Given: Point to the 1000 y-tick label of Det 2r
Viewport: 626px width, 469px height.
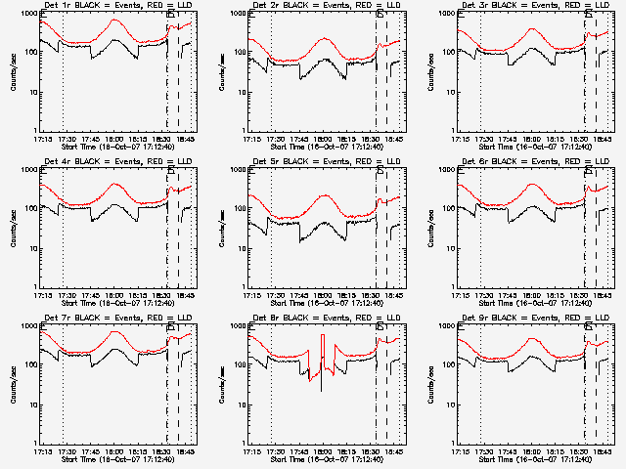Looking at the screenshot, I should pyautogui.click(x=234, y=15).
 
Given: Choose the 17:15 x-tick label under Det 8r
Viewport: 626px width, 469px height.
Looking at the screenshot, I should pyautogui.click(x=251, y=451).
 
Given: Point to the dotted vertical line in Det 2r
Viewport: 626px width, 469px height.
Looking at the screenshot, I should pyautogui.click(x=272, y=68).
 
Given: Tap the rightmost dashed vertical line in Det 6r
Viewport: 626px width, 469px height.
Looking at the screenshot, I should pyautogui.click(x=596, y=225).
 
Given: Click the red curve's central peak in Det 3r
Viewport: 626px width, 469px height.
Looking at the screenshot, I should pyautogui.click(x=532, y=28).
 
